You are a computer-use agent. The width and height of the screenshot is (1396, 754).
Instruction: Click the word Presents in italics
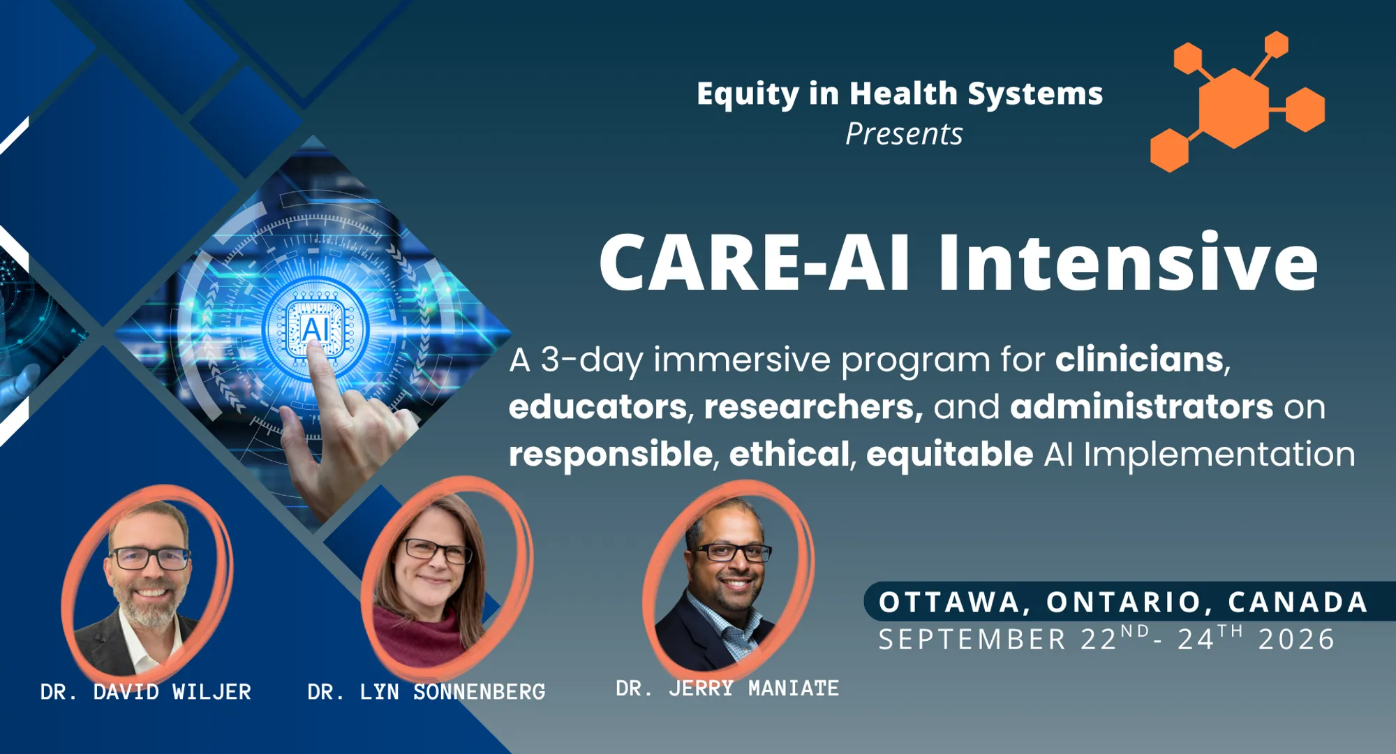904,134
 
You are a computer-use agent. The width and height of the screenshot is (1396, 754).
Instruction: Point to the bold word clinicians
1139,360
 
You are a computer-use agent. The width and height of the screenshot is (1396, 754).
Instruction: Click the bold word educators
598,406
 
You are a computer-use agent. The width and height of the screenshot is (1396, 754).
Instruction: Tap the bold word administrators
1141,406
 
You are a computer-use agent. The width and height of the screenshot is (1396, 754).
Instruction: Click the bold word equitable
949,454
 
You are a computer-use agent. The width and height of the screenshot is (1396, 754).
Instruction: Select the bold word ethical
789,454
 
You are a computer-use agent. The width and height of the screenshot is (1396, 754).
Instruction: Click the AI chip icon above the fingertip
315,328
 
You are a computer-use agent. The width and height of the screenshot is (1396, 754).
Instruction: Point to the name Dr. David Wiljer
146,692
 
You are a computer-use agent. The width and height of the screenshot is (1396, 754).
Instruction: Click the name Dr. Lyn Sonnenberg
426,692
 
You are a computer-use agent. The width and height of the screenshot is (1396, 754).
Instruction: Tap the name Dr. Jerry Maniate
727,688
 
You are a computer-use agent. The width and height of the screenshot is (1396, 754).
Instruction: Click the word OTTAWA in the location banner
949,603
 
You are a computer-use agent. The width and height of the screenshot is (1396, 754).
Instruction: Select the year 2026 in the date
1297,640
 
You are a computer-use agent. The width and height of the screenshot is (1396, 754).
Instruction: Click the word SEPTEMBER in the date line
972,640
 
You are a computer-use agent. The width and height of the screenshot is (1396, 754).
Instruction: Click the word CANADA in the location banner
1298,603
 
